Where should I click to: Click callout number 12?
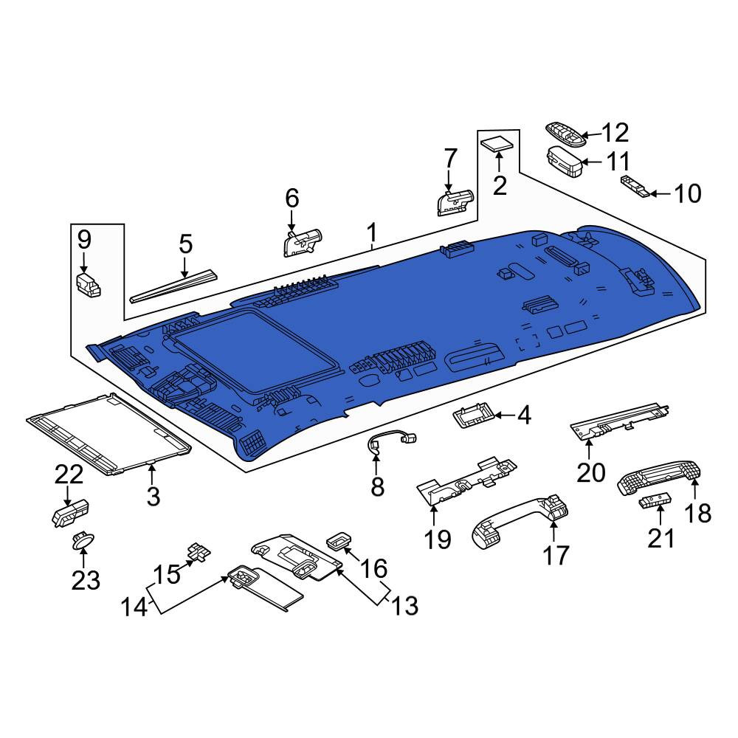tap(615, 133)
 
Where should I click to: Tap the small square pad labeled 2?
tap(497, 143)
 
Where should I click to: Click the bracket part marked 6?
tap(302, 242)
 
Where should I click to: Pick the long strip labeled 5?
tap(174, 286)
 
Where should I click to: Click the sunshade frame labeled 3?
tap(109, 434)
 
